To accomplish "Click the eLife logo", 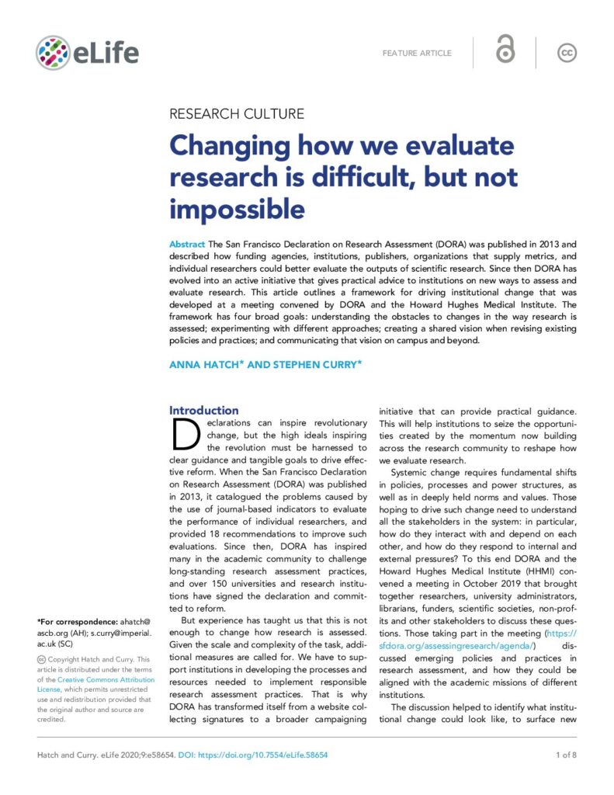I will [x=87, y=52].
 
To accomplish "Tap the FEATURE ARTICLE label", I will [x=417, y=53].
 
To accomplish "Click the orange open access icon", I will [x=505, y=51].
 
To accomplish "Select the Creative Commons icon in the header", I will [x=567, y=52].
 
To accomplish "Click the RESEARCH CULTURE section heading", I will [x=236, y=114].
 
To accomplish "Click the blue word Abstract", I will [x=187, y=244].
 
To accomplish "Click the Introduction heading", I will [x=204, y=410].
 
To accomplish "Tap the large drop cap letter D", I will [x=186, y=436].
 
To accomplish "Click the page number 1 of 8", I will [x=563, y=755].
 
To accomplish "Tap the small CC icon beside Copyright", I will [x=41, y=660].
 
